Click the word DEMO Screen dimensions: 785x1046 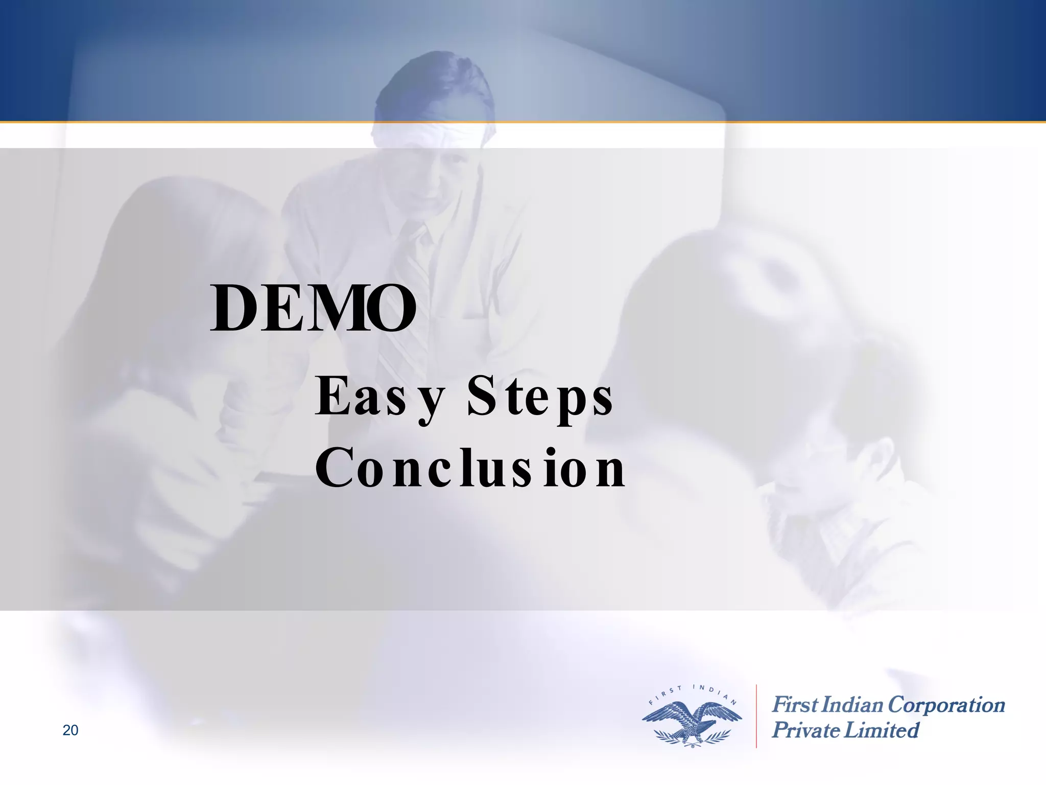313,309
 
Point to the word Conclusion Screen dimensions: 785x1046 470,467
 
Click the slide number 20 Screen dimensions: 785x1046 70,730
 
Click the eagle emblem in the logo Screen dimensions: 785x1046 692,721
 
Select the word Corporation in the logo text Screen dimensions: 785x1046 946,705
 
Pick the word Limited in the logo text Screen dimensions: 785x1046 881,730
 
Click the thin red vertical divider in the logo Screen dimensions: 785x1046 756,715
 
